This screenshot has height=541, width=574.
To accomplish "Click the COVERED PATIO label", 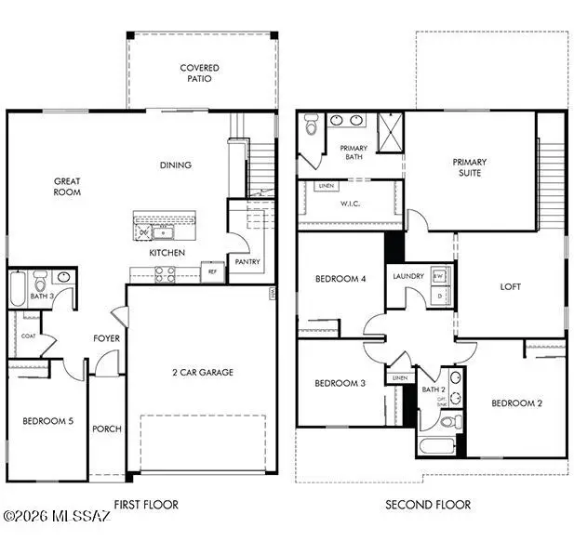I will [198, 73].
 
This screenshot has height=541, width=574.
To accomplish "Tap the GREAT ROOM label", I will [66, 186].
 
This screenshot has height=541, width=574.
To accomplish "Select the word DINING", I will [175, 165].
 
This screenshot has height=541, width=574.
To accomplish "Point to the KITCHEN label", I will [167, 253].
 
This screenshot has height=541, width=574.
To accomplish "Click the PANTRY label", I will [247, 262].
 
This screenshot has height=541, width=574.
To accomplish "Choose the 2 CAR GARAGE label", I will [202, 373].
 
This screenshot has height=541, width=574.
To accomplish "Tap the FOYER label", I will [106, 338].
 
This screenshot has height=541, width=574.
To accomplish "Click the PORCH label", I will [107, 429].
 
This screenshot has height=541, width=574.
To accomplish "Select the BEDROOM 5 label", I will [47, 422].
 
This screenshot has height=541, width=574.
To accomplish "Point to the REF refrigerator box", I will [212, 273].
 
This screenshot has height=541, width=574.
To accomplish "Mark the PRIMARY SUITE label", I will [470, 167].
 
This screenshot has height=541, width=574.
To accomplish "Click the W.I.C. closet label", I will [350, 205].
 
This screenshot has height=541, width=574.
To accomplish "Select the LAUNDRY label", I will [409, 276].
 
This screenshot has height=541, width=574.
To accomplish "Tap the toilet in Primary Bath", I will [311, 123].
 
